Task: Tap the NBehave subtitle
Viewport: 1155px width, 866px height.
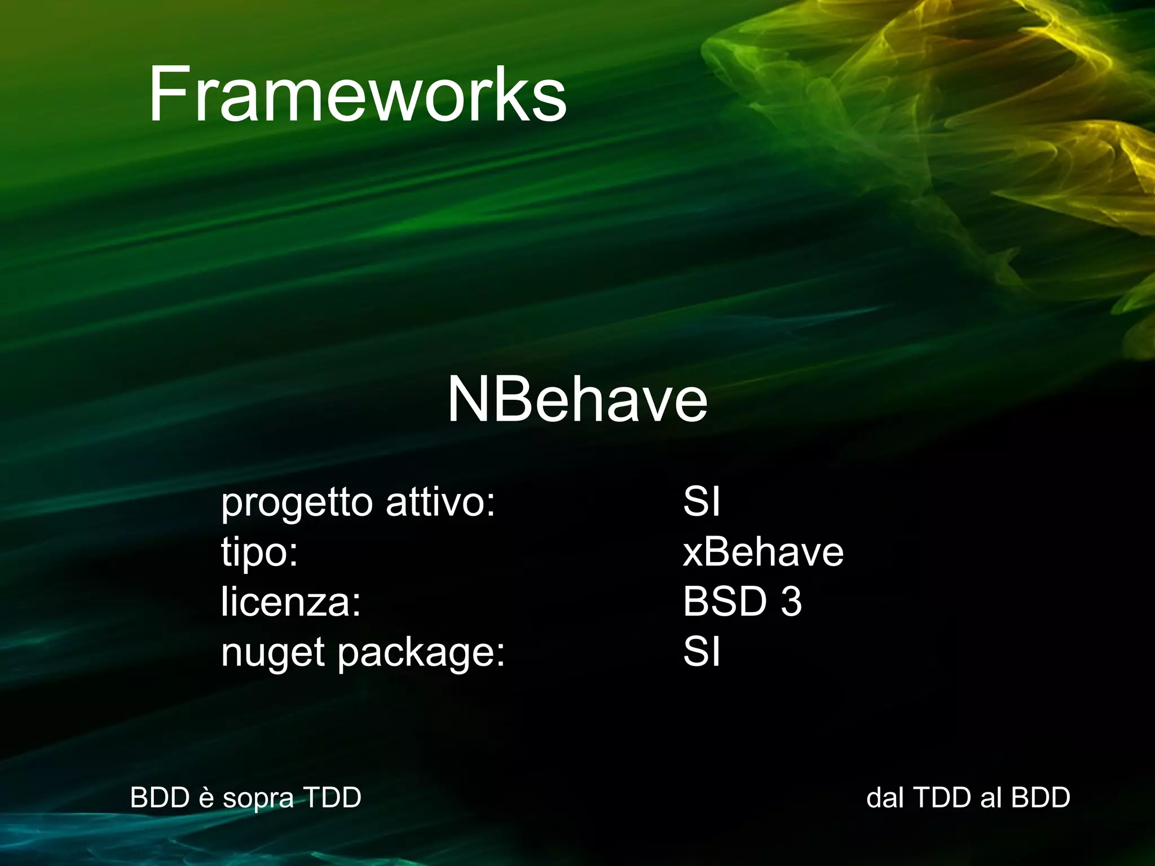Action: click(x=577, y=399)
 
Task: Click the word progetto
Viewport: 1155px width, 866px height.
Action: click(x=297, y=503)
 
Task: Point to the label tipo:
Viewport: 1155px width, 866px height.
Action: click(x=259, y=553)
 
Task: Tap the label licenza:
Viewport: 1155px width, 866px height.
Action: click(x=290, y=602)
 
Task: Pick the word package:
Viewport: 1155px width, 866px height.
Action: click(x=421, y=653)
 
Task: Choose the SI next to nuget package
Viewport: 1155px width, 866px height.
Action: click(x=701, y=652)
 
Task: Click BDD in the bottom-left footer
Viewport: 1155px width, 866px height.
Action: click(x=160, y=798)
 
